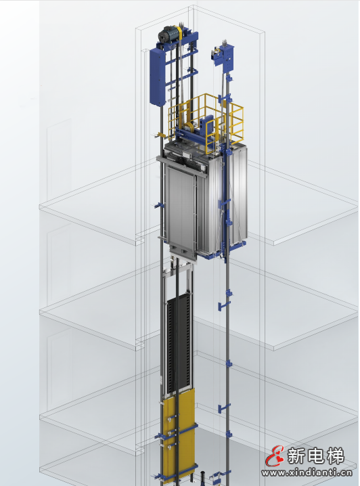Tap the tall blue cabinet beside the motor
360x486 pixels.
pyautogui.click(x=157, y=76)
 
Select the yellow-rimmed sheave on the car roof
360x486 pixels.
pyautogui.click(x=188, y=127)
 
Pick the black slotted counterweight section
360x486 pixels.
pyautogui.click(x=179, y=344)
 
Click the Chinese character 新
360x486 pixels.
pyautogui.click(x=297, y=456)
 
